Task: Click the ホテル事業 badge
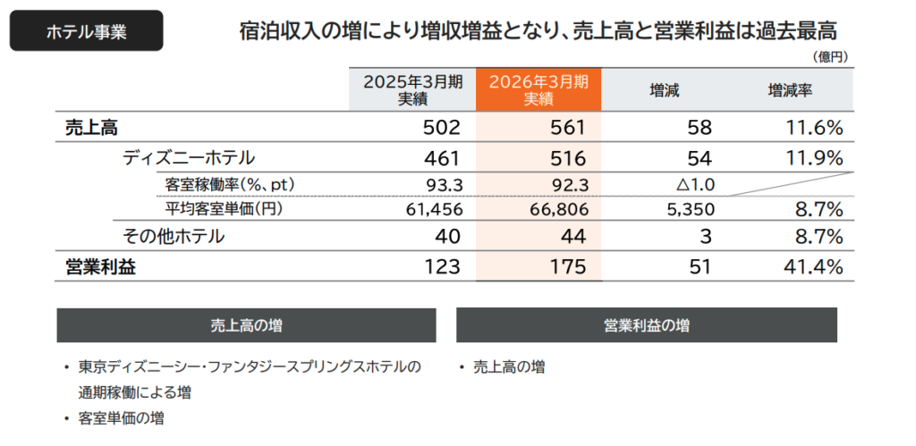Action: coord(86,32)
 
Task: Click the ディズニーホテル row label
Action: coord(189,158)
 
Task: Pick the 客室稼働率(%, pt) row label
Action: coord(231,185)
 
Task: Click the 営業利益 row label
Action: coord(101,266)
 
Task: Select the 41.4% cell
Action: coord(814,266)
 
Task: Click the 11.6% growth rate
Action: coord(814,128)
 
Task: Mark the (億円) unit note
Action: coord(830,56)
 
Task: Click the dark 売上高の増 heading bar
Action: coord(246,325)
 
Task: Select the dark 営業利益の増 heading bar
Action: coord(646,325)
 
